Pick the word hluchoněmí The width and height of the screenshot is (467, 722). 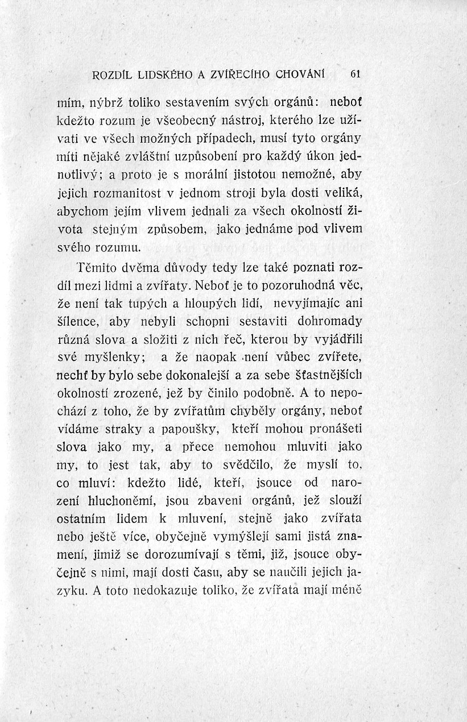(x=133, y=500)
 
